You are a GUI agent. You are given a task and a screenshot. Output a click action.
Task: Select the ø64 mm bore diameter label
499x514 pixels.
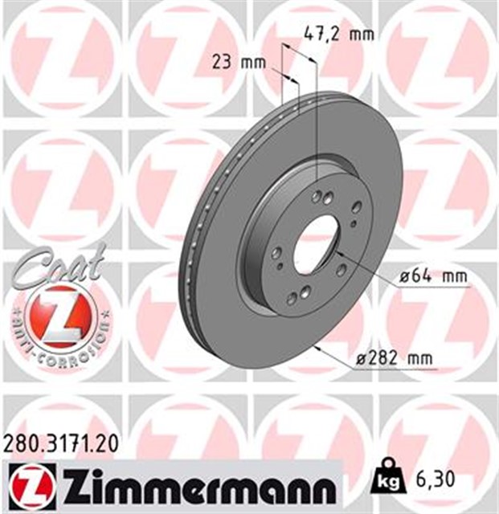[433, 277]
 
